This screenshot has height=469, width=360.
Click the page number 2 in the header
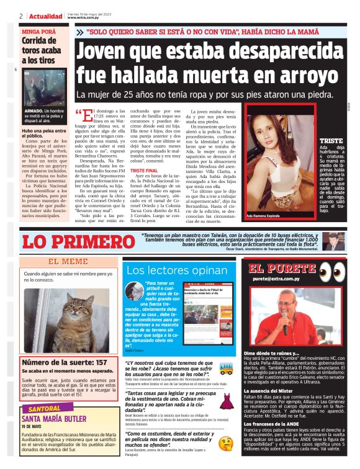click(21, 16)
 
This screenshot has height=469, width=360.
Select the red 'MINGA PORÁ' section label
click(39, 30)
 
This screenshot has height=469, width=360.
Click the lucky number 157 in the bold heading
click(101, 362)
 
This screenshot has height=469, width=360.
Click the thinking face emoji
click(226, 444)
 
